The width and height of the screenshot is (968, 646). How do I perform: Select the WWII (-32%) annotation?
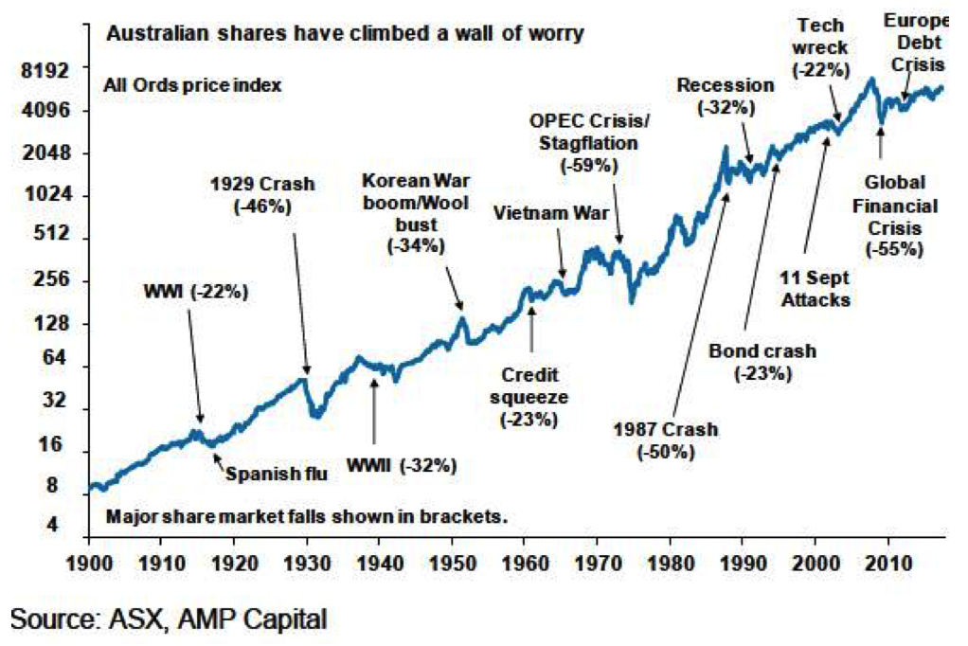coord(402,465)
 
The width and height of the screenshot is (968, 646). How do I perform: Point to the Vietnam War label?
coord(551,212)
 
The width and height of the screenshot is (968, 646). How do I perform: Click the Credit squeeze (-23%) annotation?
coord(529,395)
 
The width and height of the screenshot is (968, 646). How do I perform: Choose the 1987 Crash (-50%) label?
coord(667,440)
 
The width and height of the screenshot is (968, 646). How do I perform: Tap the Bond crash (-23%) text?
coord(762,362)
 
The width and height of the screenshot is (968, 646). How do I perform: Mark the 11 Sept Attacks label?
coord(815,290)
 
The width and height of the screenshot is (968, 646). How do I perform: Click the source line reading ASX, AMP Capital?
coord(169,620)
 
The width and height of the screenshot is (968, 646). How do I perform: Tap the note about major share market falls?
coord(308,517)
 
